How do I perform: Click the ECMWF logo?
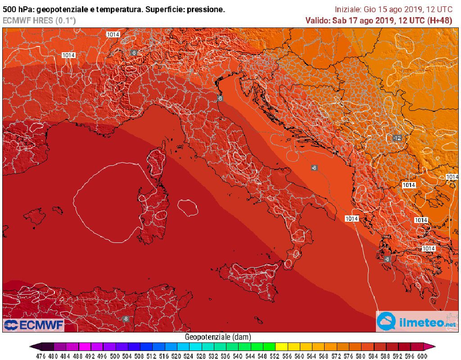click(x=33, y=325)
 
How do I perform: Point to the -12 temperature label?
click(x=397, y=137)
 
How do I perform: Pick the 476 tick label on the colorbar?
click(x=41, y=355)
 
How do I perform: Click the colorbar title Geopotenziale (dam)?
click(x=218, y=337)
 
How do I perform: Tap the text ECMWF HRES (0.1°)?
click(x=40, y=20)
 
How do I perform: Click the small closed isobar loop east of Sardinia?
click(x=188, y=207)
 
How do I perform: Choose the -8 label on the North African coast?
click(x=125, y=319)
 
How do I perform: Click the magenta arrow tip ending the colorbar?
click(x=433, y=346)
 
